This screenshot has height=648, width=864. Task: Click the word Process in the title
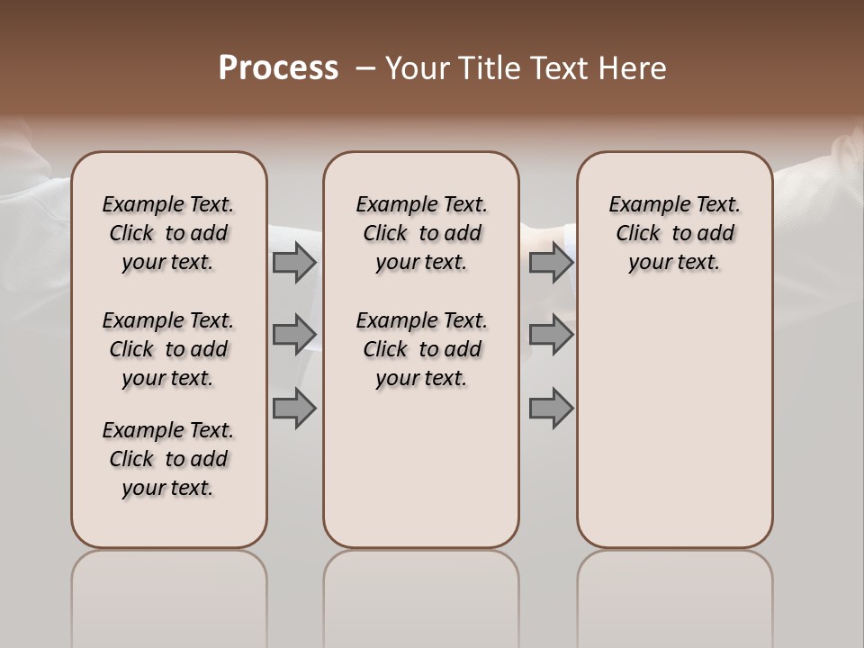point(278,68)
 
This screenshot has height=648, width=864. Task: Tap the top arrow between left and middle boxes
point(293,263)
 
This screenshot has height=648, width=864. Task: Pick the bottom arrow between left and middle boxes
point(293,409)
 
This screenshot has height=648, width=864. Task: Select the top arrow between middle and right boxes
point(551,263)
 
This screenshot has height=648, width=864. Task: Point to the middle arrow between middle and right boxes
point(551,335)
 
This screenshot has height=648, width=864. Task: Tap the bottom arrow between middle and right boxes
point(551,409)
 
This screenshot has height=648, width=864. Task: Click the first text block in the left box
point(168,233)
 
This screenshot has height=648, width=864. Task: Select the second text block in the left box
point(168,349)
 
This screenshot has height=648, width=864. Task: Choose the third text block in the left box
point(168,459)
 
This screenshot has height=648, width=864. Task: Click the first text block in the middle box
point(421,233)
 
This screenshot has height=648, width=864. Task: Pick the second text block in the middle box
point(421,349)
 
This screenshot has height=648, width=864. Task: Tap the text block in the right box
point(674,233)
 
